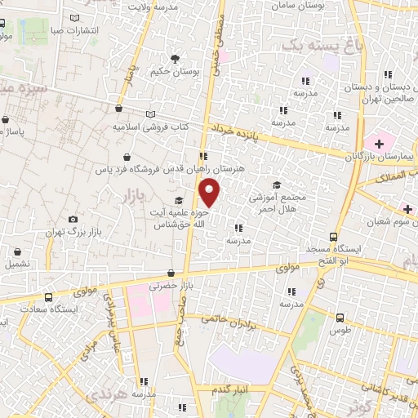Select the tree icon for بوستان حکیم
point(175,58)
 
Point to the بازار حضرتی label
point(170,287)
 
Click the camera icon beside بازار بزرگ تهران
point(73,219)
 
